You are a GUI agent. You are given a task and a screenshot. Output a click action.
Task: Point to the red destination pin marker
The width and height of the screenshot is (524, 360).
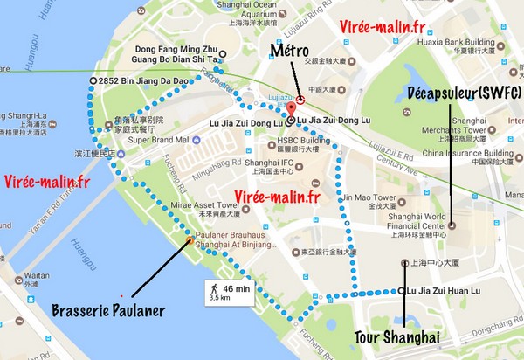(292, 110)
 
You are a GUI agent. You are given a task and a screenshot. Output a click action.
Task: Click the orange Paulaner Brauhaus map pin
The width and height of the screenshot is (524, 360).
(190, 241)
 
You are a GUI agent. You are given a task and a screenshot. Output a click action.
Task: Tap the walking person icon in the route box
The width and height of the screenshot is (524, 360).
(212, 287)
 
